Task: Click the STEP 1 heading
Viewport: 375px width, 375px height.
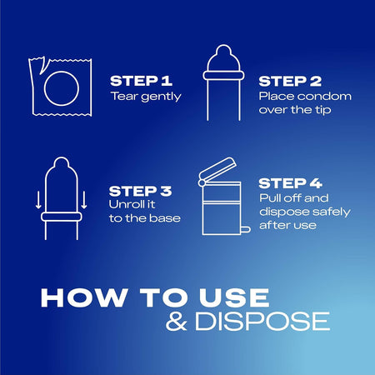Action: point(141,81)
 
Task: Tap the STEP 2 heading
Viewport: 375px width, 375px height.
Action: point(290,82)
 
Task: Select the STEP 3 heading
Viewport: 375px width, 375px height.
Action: point(140,191)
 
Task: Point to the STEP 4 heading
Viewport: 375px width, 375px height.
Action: point(290,183)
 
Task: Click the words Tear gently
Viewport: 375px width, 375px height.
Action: point(146,97)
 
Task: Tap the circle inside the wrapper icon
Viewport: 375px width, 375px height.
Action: point(62,88)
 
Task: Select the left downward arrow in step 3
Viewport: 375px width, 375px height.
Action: point(38,200)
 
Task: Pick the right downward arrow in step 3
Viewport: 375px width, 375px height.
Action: point(84,200)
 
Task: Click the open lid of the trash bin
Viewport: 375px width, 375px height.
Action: point(218,170)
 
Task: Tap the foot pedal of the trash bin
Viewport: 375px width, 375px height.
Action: point(246,229)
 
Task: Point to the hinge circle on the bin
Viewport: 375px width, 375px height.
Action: point(202,182)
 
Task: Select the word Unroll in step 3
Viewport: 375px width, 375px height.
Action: point(125,204)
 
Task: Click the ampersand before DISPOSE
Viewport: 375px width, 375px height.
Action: point(176,322)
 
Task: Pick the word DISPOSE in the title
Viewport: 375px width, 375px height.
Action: point(262,322)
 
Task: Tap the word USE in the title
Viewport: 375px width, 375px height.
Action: point(234,297)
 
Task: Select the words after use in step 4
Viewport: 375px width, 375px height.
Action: point(287,225)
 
